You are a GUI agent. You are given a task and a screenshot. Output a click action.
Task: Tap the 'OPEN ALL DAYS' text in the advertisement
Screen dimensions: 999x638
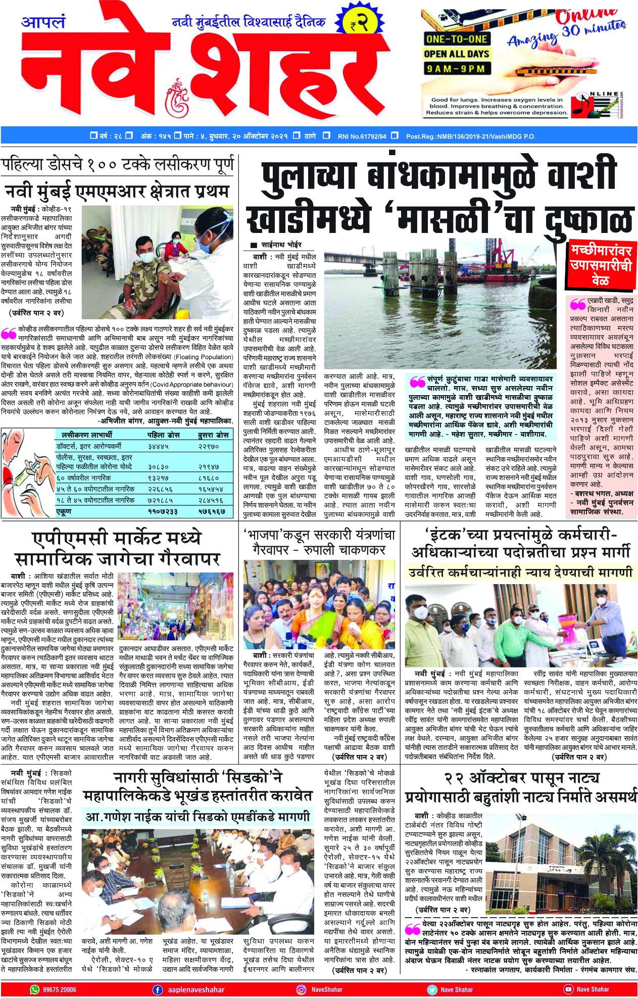[x=456, y=54]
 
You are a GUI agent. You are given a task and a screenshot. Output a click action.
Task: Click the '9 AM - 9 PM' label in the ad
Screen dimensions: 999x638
[x=456, y=68]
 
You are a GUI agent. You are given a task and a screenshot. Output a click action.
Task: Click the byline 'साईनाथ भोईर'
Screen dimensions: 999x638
[x=287, y=245]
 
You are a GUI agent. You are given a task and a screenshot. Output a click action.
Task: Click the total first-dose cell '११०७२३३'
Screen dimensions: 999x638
[x=163, y=511]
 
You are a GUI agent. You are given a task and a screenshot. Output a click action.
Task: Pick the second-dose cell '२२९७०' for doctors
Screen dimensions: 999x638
[x=208, y=446]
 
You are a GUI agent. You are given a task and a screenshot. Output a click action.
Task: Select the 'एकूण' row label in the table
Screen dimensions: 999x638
[x=64, y=511]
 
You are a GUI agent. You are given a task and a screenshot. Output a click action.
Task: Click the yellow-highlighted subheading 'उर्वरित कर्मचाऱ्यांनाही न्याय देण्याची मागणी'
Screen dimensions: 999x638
[x=520, y=572]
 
